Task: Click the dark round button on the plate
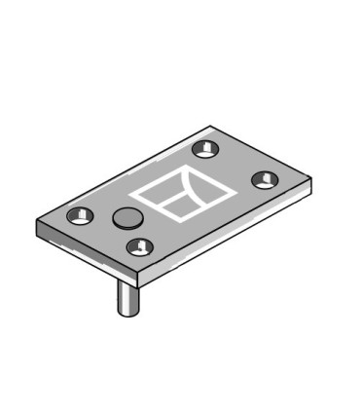coord(126,217)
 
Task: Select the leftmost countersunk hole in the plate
coord(78,215)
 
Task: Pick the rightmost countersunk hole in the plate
coord(264,180)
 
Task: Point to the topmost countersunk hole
coord(202,148)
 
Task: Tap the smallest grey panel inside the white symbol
coord(177,205)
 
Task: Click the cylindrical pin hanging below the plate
coord(126,296)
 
